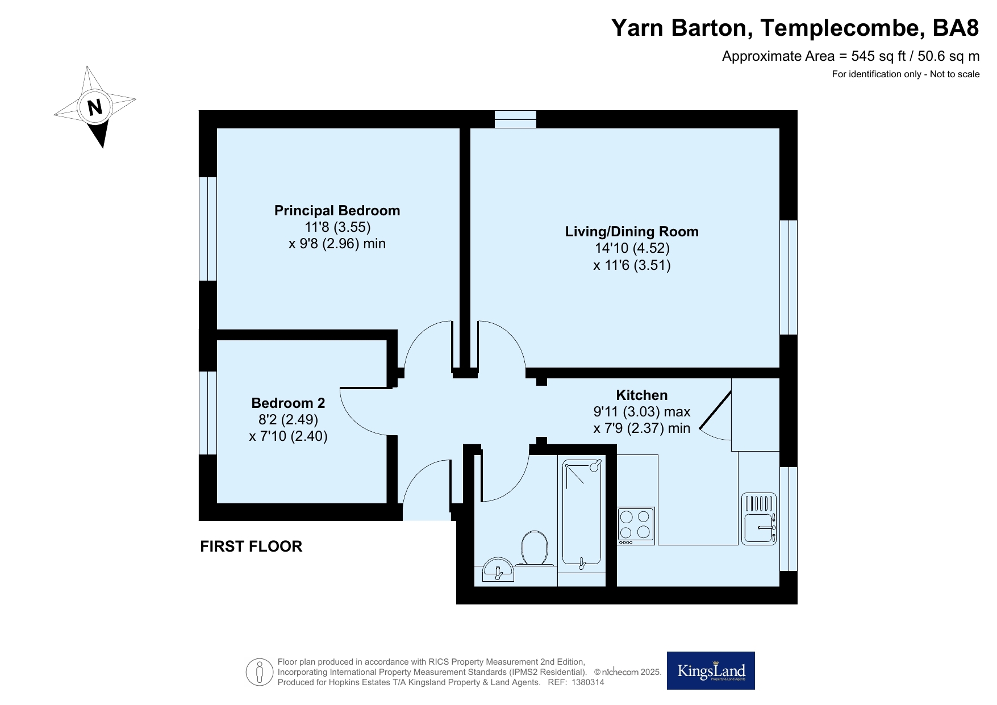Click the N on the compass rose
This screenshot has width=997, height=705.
point(95,107)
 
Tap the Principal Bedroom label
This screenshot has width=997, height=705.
point(337,211)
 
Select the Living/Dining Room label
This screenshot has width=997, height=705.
point(632,232)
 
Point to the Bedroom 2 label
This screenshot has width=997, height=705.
point(288,403)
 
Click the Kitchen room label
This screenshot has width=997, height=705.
point(642,395)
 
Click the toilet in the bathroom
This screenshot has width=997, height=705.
point(535,548)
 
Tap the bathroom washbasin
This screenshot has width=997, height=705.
point(498,569)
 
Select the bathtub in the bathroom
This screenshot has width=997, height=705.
point(582,512)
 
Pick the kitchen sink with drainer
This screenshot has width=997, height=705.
point(759,519)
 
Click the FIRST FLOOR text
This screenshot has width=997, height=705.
point(251,547)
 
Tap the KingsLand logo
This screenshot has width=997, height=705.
point(711,670)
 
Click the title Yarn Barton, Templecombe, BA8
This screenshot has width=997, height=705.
point(795,27)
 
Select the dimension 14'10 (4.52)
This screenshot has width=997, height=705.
point(632,248)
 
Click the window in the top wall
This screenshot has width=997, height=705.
point(515,119)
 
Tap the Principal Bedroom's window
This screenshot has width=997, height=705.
point(208,228)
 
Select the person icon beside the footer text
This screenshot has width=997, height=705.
point(260,672)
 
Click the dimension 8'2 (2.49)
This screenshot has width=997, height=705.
point(288,420)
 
